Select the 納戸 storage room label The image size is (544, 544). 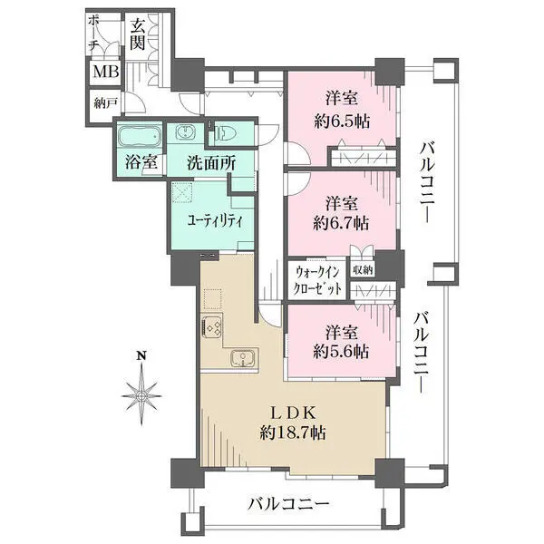point(105,103)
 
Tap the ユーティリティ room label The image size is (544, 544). point(214,220)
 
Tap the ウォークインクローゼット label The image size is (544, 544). point(318,279)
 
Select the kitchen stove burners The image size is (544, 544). point(214,327)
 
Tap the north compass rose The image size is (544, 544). point(141,394)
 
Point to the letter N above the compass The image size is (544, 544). point(141,355)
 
